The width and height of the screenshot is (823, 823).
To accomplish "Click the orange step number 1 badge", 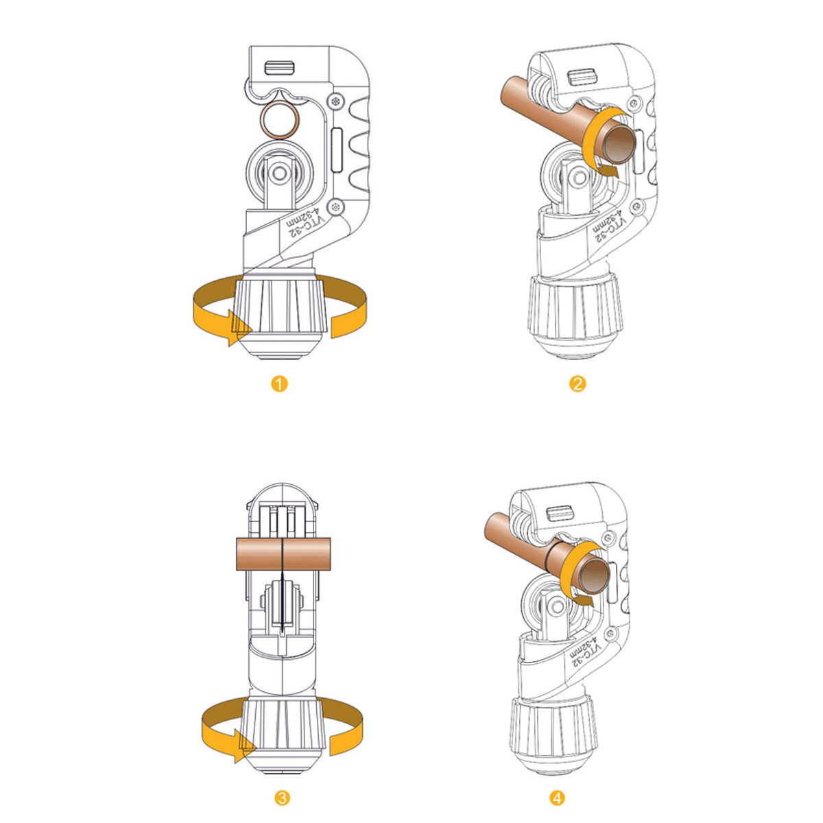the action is [279, 384].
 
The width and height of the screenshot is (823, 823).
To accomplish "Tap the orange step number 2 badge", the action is [577, 384].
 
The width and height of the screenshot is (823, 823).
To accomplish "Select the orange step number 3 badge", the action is [283, 798].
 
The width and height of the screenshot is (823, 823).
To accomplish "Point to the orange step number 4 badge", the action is [557, 798].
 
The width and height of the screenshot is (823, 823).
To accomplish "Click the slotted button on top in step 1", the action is [279, 68].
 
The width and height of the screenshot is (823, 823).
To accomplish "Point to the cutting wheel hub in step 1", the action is [281, 174].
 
